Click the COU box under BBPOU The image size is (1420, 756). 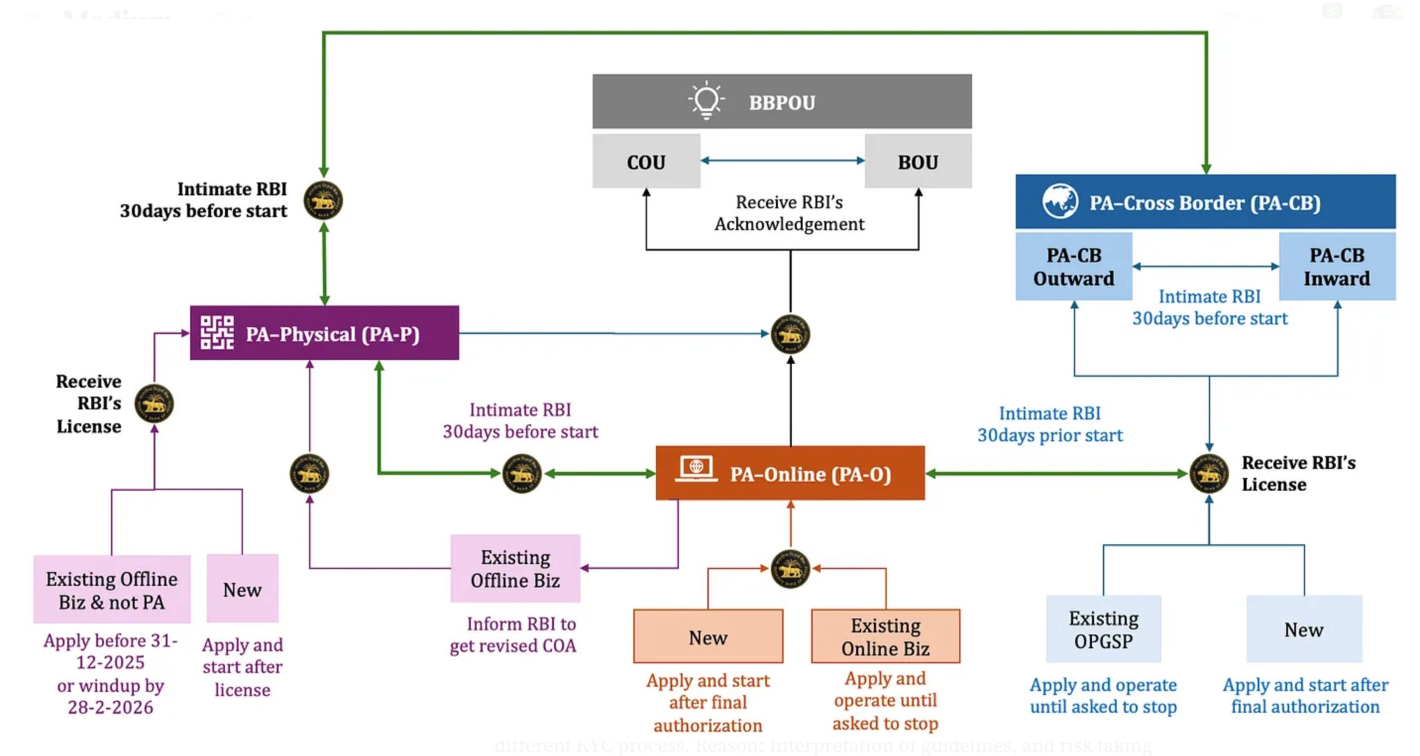click(646, 162)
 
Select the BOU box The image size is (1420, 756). click(917, 162)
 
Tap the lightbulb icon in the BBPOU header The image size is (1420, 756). click(706, 101)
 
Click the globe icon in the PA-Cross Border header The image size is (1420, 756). click(1059, 202)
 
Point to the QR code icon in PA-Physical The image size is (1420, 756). click(217, 333)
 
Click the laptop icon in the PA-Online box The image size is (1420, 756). click(696, 469)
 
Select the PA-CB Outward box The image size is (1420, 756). click(1073, 267)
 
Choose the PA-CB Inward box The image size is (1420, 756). click(1336, 267)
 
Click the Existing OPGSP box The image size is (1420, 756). click(1103, 629)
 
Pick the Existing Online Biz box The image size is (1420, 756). click(885, 637)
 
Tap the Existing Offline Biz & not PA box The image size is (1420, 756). click(112, 590)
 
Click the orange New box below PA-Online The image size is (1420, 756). click(708, 637)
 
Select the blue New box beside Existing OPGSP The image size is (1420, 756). click(1304, 629)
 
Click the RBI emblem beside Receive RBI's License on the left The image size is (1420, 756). click(154, 404)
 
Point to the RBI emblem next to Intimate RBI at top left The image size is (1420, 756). click(323, 201)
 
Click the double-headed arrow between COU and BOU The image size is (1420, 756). click(782, 160)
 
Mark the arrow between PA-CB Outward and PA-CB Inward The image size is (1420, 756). click(1205, 266)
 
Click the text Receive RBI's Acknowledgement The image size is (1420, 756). click(789, 213)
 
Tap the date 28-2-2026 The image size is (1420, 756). click(110, 707)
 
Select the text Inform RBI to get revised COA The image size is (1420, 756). click(513, 635)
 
